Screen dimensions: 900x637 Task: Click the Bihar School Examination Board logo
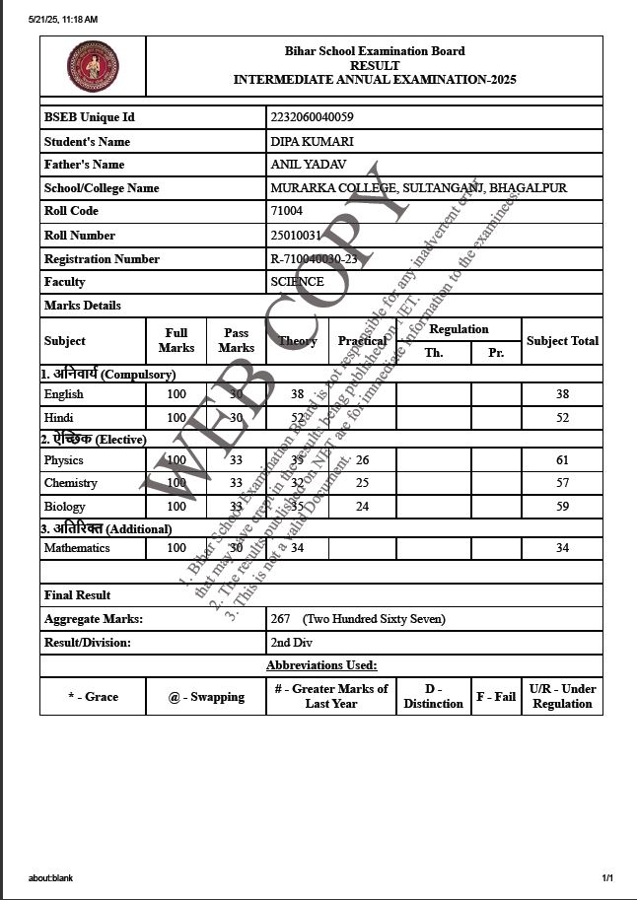click(93, 67)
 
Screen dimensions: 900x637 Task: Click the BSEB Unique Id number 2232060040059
click(312, 117)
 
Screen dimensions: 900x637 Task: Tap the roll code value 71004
click(286, 211)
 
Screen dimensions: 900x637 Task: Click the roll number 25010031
click(296, 236)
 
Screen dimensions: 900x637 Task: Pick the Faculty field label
click(65, 282)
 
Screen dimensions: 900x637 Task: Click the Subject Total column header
click(562, 341)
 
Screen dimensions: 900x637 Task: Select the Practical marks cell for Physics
click(362, 460)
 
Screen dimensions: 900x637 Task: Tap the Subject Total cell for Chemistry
click(562, 483)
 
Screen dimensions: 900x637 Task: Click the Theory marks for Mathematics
click(297, 548)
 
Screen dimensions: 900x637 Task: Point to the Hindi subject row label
click(59, 418)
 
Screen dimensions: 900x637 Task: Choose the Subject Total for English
click(562, 394)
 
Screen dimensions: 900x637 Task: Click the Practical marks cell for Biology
click(362, 507)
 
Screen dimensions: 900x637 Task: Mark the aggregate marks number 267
click(281, 619)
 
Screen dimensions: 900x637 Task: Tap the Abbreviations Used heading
click(320, 665)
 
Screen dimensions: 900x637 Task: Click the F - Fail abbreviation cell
click(496, 697)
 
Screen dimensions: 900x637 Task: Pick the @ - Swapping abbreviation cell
click(206, 697)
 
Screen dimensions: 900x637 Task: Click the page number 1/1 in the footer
click(607, 877)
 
